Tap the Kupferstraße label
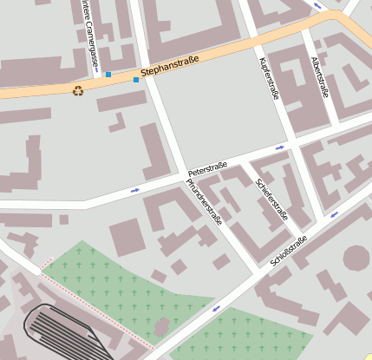[x=270, y=78]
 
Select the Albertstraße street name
[x=319, y=77]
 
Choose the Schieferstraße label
[x=272, y=200]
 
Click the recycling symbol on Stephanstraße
[x=78, y=90]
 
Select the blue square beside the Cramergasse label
[x=108, y=75]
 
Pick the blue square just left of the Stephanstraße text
[x=135, y=80]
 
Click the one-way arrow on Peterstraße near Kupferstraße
[x=279, y=147]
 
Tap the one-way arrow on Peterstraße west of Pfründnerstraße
[x=135, y=189]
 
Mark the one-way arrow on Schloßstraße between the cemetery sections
[x=214, y=308]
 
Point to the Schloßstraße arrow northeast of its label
[x=334, y=213]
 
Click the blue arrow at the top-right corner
[x=317, y=6]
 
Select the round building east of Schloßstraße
[x=356, y=258]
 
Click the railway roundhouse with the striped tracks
[x=65, y=331]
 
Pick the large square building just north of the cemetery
[x=127, y=237]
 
